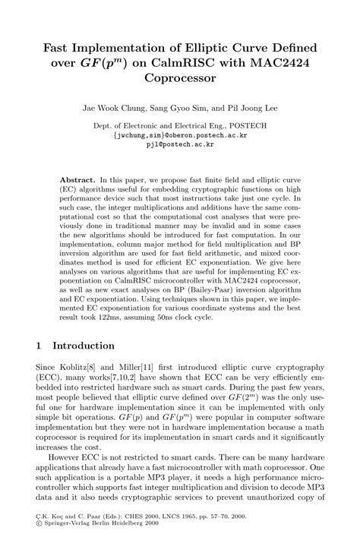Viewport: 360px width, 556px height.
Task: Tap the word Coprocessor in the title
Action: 179,78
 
